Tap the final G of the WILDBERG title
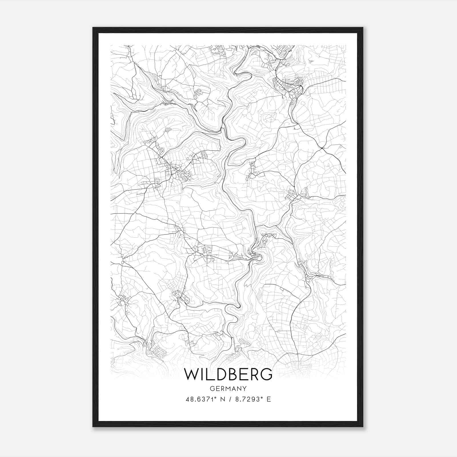266,374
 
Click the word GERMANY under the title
228,388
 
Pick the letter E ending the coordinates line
269,399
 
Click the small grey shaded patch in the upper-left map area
168,130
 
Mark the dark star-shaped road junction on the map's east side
322,148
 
